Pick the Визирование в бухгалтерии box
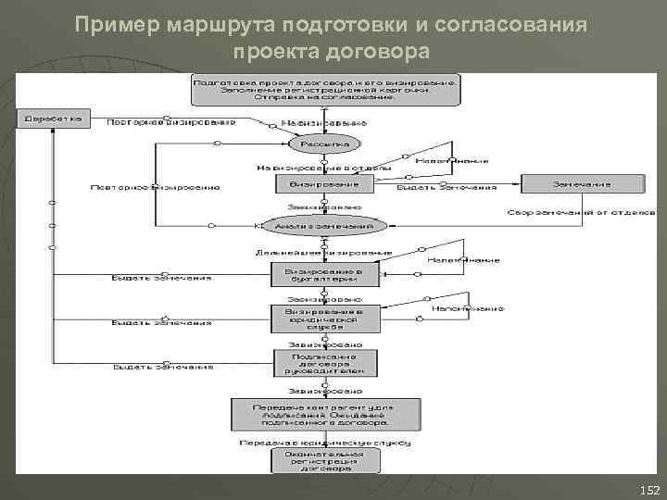pos(325,274)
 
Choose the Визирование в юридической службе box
pos(325,319)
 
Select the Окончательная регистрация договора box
pos(325,462)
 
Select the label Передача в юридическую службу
pos(324,443)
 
